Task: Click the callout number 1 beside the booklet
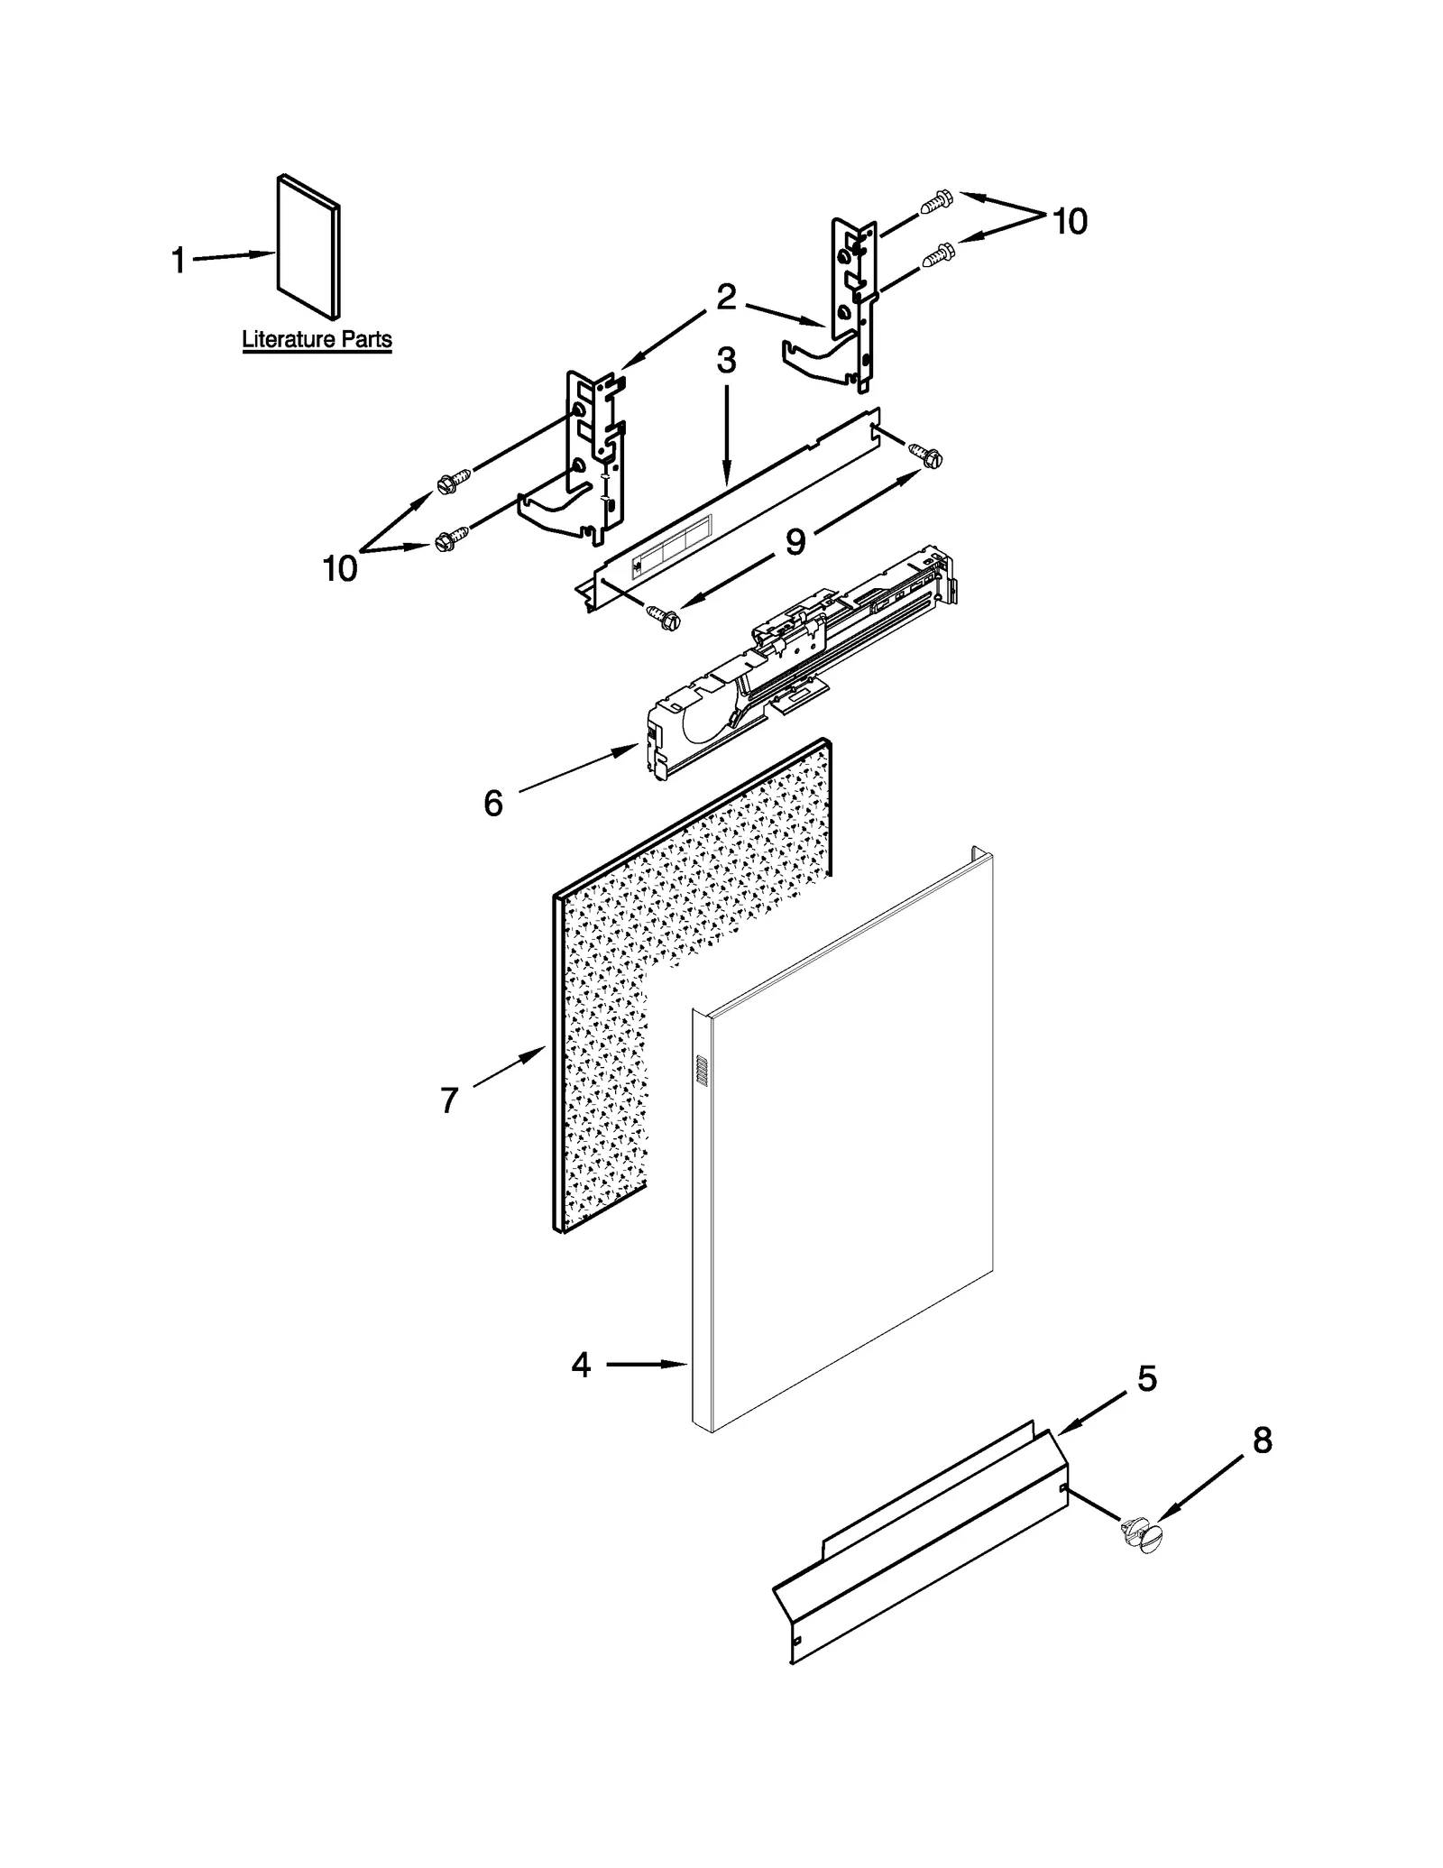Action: (x=178, y=262)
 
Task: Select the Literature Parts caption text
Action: (x=317, y=340)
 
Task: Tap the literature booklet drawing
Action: (x=308, y=246)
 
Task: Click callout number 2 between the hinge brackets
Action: (x=726, y=297)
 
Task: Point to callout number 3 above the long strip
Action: (x=726, y=361)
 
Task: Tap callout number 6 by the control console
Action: (x=492, y=803)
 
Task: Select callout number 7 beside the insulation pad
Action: (x=449, y=1100)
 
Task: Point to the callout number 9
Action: (x=795, y=542)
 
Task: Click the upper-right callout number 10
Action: (x=1070, y=221)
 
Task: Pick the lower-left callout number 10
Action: (x=340, y=568)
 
